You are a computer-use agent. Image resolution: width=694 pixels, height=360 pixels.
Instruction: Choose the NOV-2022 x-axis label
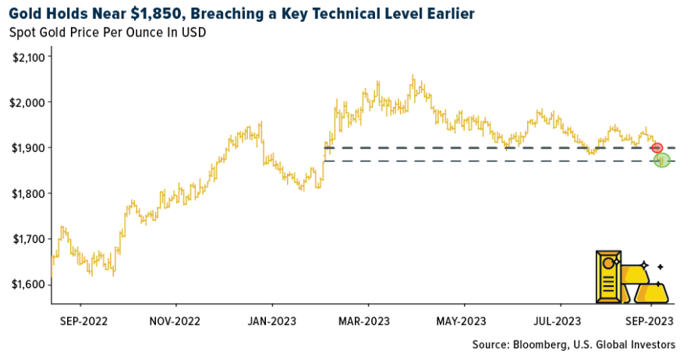(176, 320)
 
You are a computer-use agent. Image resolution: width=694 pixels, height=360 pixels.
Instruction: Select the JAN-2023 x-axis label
(272, 320)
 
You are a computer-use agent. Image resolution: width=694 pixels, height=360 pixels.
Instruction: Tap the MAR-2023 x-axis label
(364, 320)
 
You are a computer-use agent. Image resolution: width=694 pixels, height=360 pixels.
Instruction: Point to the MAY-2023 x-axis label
(461, 320)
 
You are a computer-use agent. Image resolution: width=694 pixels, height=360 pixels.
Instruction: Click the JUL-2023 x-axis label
(557, 320)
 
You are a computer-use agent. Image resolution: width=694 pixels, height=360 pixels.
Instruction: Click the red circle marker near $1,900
(657, 147)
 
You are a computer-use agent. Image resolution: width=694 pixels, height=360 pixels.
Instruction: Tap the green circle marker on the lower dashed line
(662, 161)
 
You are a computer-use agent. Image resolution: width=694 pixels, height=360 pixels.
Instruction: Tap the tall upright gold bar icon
(608, 277)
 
